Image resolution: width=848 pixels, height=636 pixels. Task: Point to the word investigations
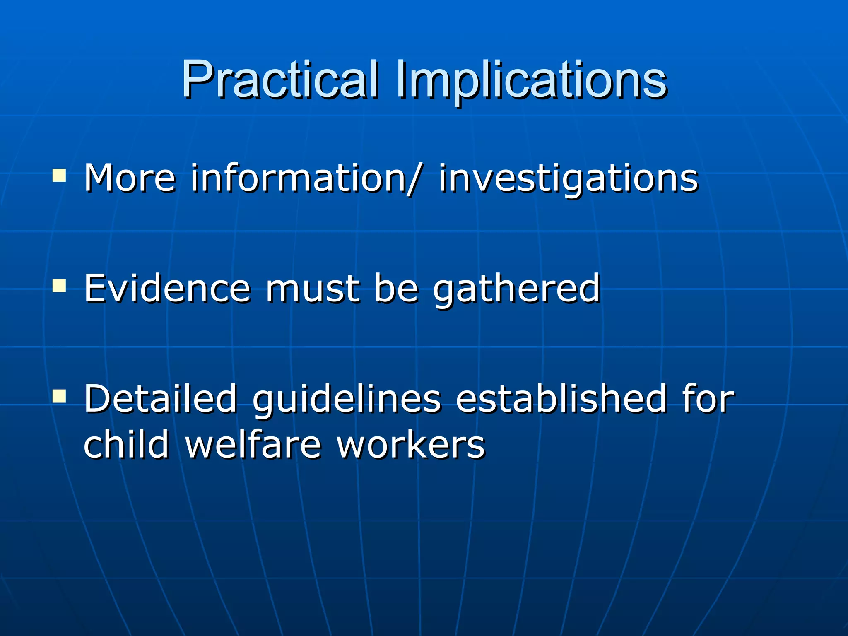(568, 179)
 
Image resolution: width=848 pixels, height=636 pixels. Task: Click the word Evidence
(167, 288)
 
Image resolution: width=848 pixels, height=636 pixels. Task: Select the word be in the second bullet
(396, 288)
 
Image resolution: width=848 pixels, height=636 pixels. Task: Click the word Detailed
(161, 398)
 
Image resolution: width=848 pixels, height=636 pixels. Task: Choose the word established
(561, 398)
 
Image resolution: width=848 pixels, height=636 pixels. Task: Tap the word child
(126, 444)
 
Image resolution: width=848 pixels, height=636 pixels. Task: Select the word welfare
(253, 444)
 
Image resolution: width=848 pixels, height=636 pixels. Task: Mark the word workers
(410, 445)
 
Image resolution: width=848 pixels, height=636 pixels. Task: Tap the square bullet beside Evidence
(59, 285)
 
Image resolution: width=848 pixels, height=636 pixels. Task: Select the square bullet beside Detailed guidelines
(59, 395)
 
